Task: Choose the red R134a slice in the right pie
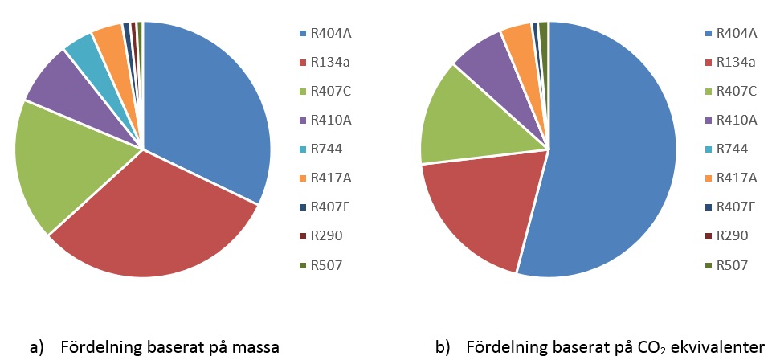click(x=474, y=209)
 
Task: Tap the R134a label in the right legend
click(x=734, y=62)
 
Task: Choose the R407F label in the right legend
click(x=734, y=207)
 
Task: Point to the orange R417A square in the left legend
click(x=303, y=178)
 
